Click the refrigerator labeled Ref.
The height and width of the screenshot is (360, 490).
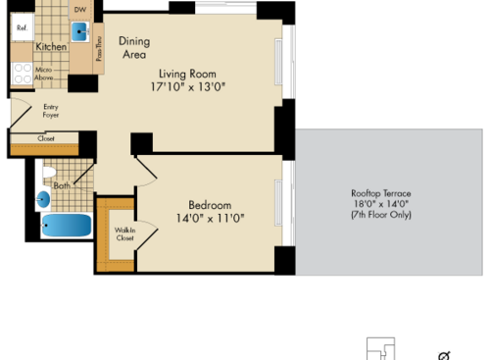pos(22,28)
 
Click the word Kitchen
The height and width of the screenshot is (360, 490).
pos(51,47)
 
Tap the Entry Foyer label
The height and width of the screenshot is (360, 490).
pos(51,111)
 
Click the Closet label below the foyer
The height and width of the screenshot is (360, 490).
pos(46,139)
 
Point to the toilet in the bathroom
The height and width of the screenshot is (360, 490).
pos(48,174)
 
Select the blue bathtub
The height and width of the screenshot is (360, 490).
pos(66,228)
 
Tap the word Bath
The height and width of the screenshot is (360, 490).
pos(62,184)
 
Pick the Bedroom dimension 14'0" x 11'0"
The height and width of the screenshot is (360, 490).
pos(210,219)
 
